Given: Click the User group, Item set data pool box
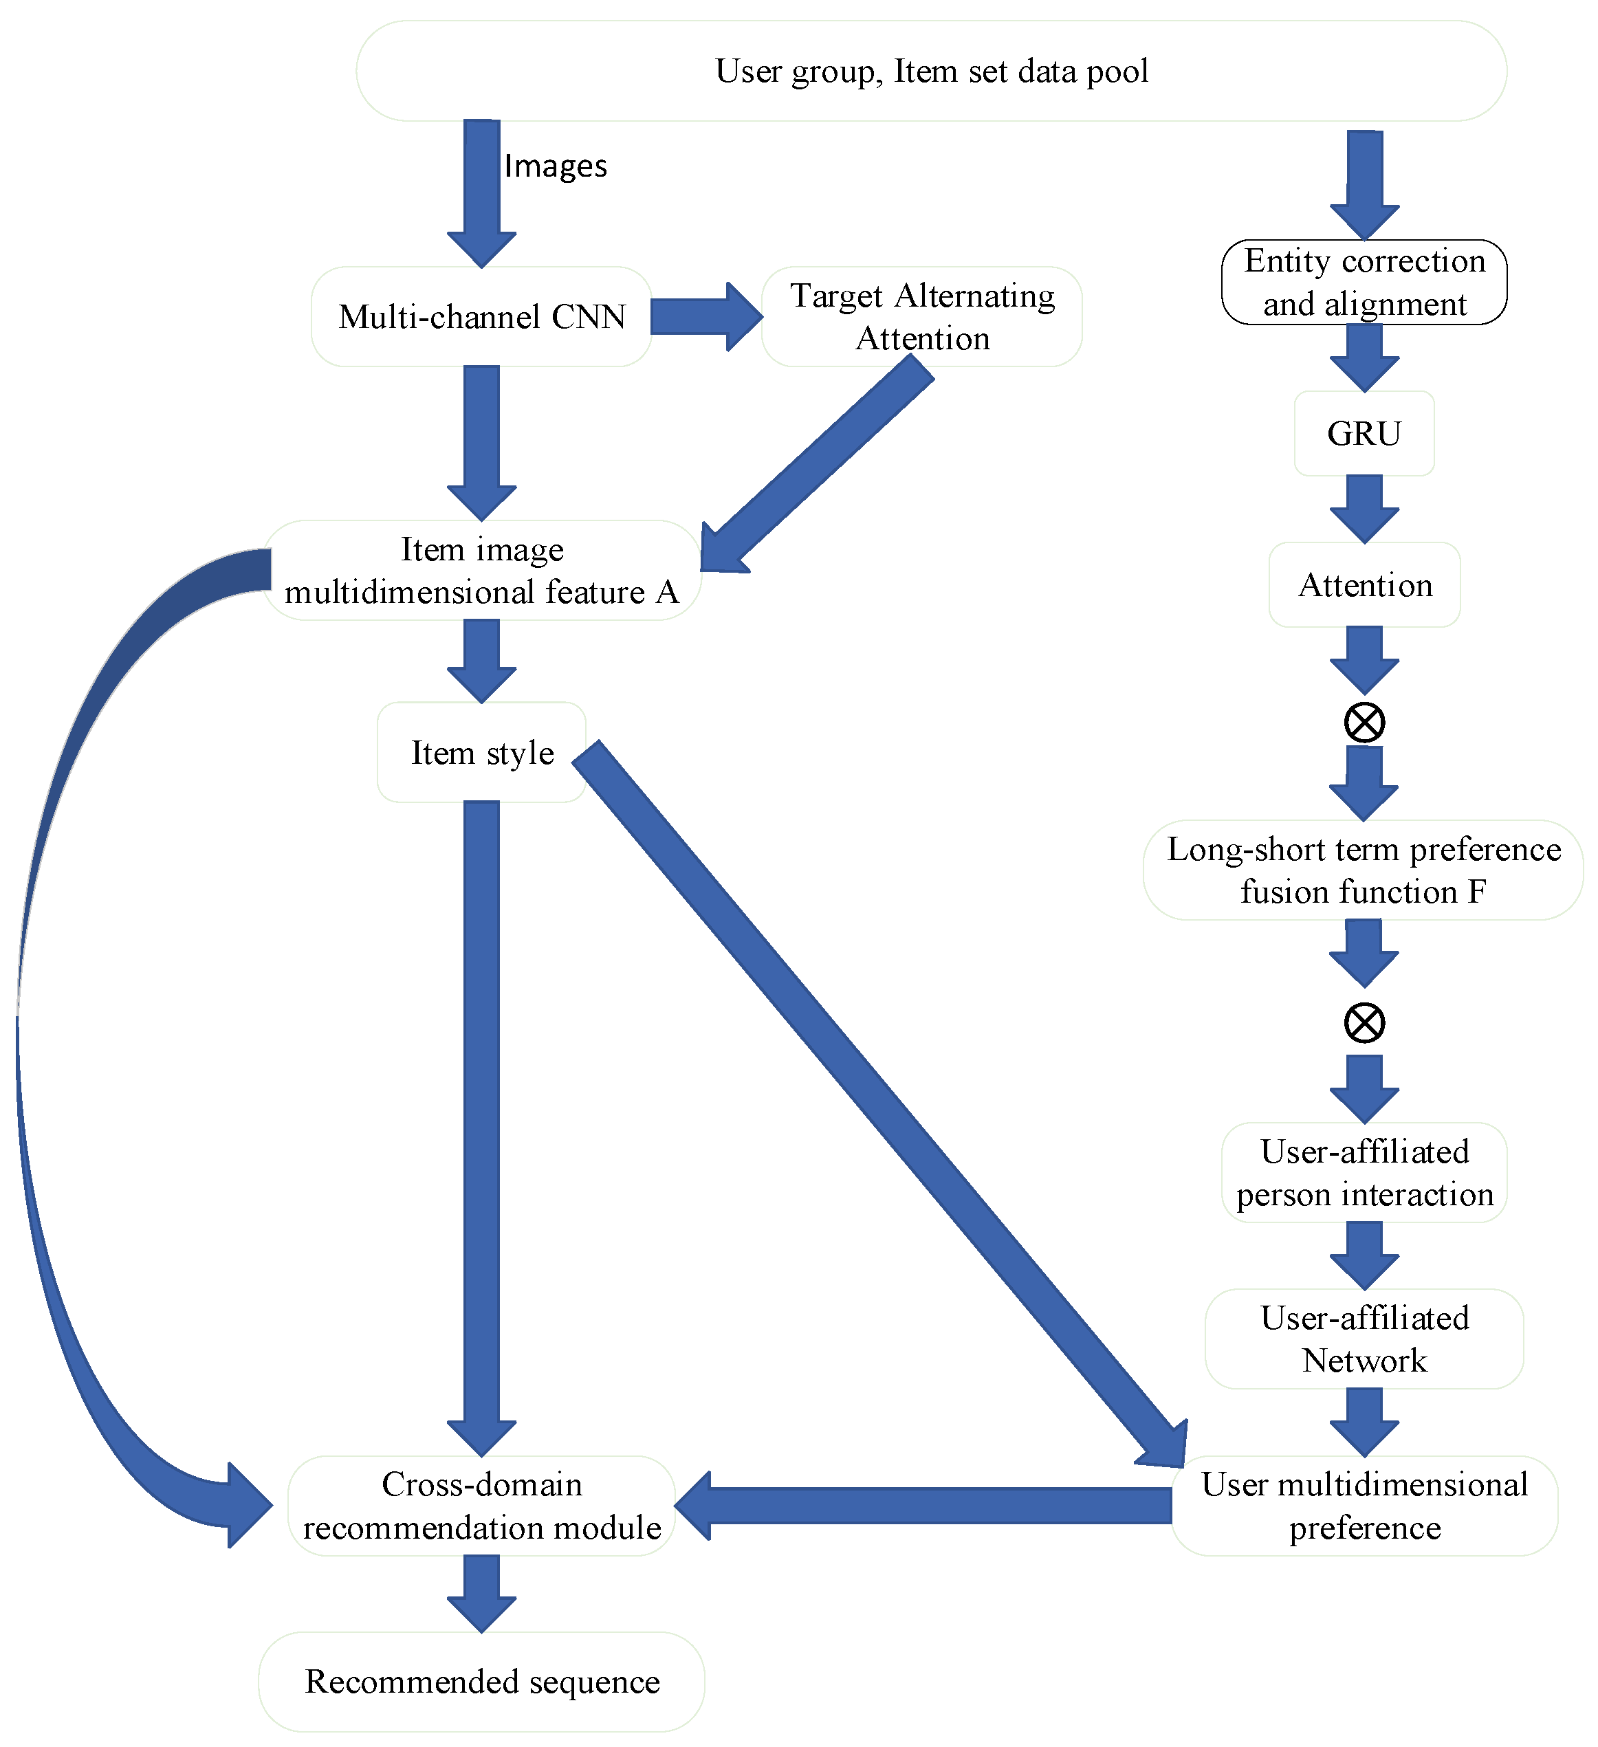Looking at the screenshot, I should [x=931, y=71].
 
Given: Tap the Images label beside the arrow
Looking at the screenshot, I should [x=556, y=166].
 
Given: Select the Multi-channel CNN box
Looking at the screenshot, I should [x=482, y=317].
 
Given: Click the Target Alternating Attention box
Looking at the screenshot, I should [x=922, y=317].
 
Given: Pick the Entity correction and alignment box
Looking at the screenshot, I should [x=1364, y=283].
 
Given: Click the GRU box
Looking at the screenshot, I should [x=1364, y=433].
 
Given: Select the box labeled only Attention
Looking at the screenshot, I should [x=1364, y=585].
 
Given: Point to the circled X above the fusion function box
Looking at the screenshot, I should [x=1364, y=723].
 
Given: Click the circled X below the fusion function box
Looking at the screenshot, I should [x=1364, y=1024].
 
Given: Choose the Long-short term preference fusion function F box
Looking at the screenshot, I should [x=1364, y=870].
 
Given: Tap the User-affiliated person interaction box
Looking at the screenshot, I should [x=1364, y=1172].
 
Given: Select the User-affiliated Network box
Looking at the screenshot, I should [x=1364, y=1339].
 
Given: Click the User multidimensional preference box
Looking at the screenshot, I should [x=1364, y=1506].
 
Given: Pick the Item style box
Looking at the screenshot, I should [x=482, y=752].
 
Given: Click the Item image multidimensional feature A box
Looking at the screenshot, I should [x=482, y=570].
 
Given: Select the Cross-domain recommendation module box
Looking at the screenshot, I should [x=482, y=1506].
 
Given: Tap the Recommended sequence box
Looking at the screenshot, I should [x=482, y=1681].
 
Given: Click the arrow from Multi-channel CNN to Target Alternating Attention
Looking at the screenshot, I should [x=703, y=317].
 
